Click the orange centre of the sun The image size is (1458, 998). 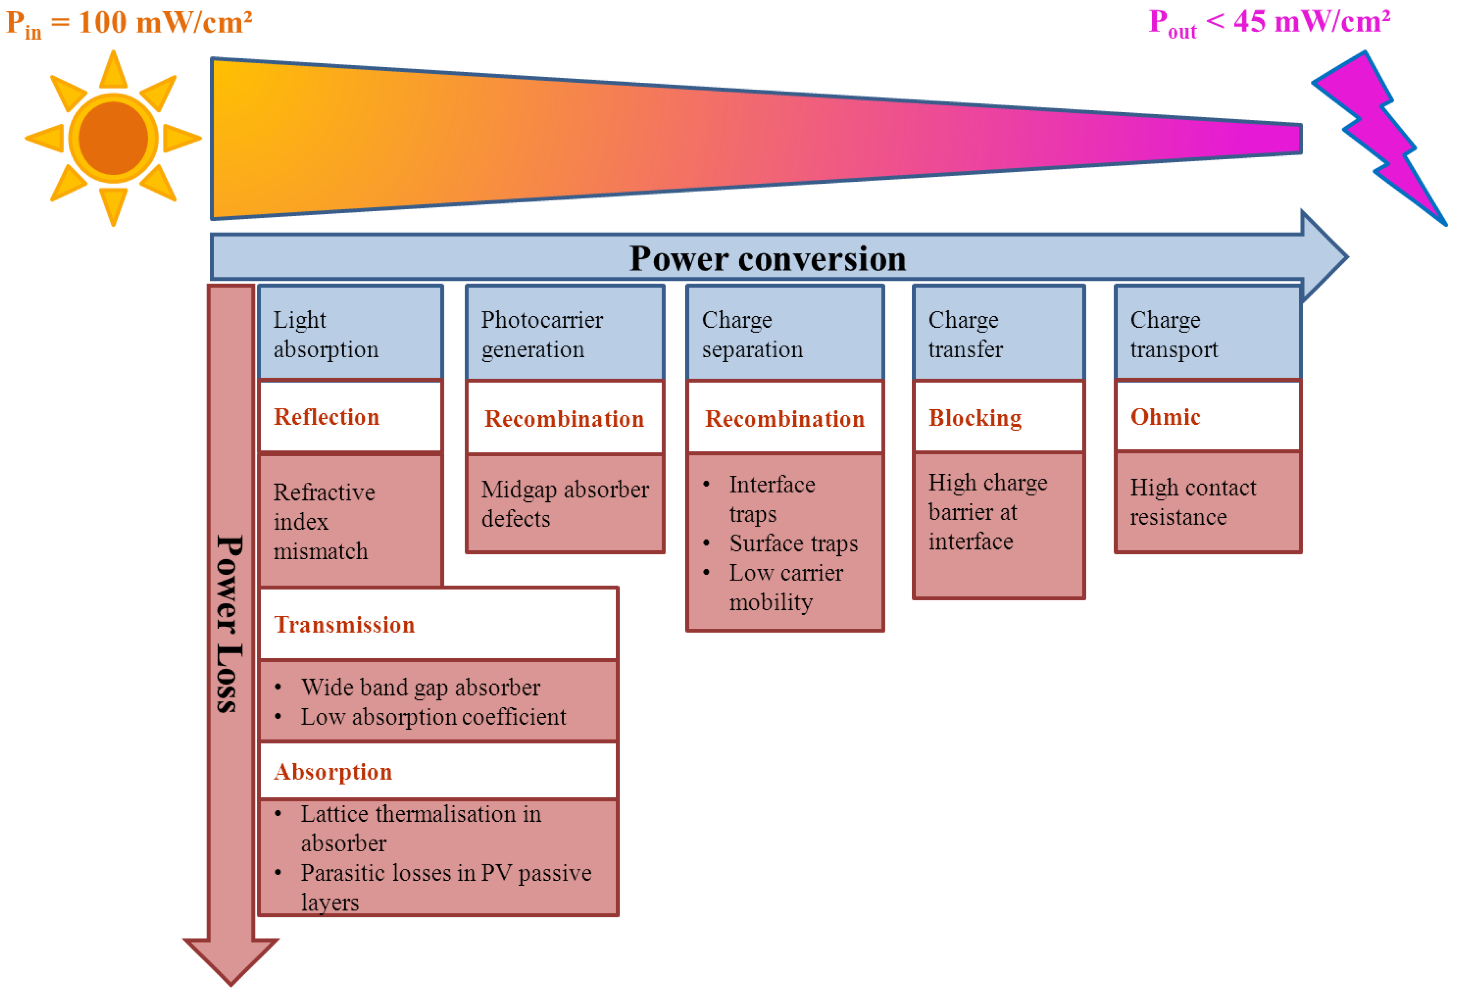point(113,138)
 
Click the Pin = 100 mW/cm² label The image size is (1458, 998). point(129,24)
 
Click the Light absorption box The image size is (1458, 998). point(350,334)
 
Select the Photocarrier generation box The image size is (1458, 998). point(564,334)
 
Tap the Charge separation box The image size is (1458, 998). point(784,334)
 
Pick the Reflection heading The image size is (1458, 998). point(326,417)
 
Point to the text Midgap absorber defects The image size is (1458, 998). point(564,504)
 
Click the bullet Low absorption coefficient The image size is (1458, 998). point(433,717)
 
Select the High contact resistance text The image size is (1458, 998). point(1192,502)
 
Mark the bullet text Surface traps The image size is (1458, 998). point(793,543)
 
